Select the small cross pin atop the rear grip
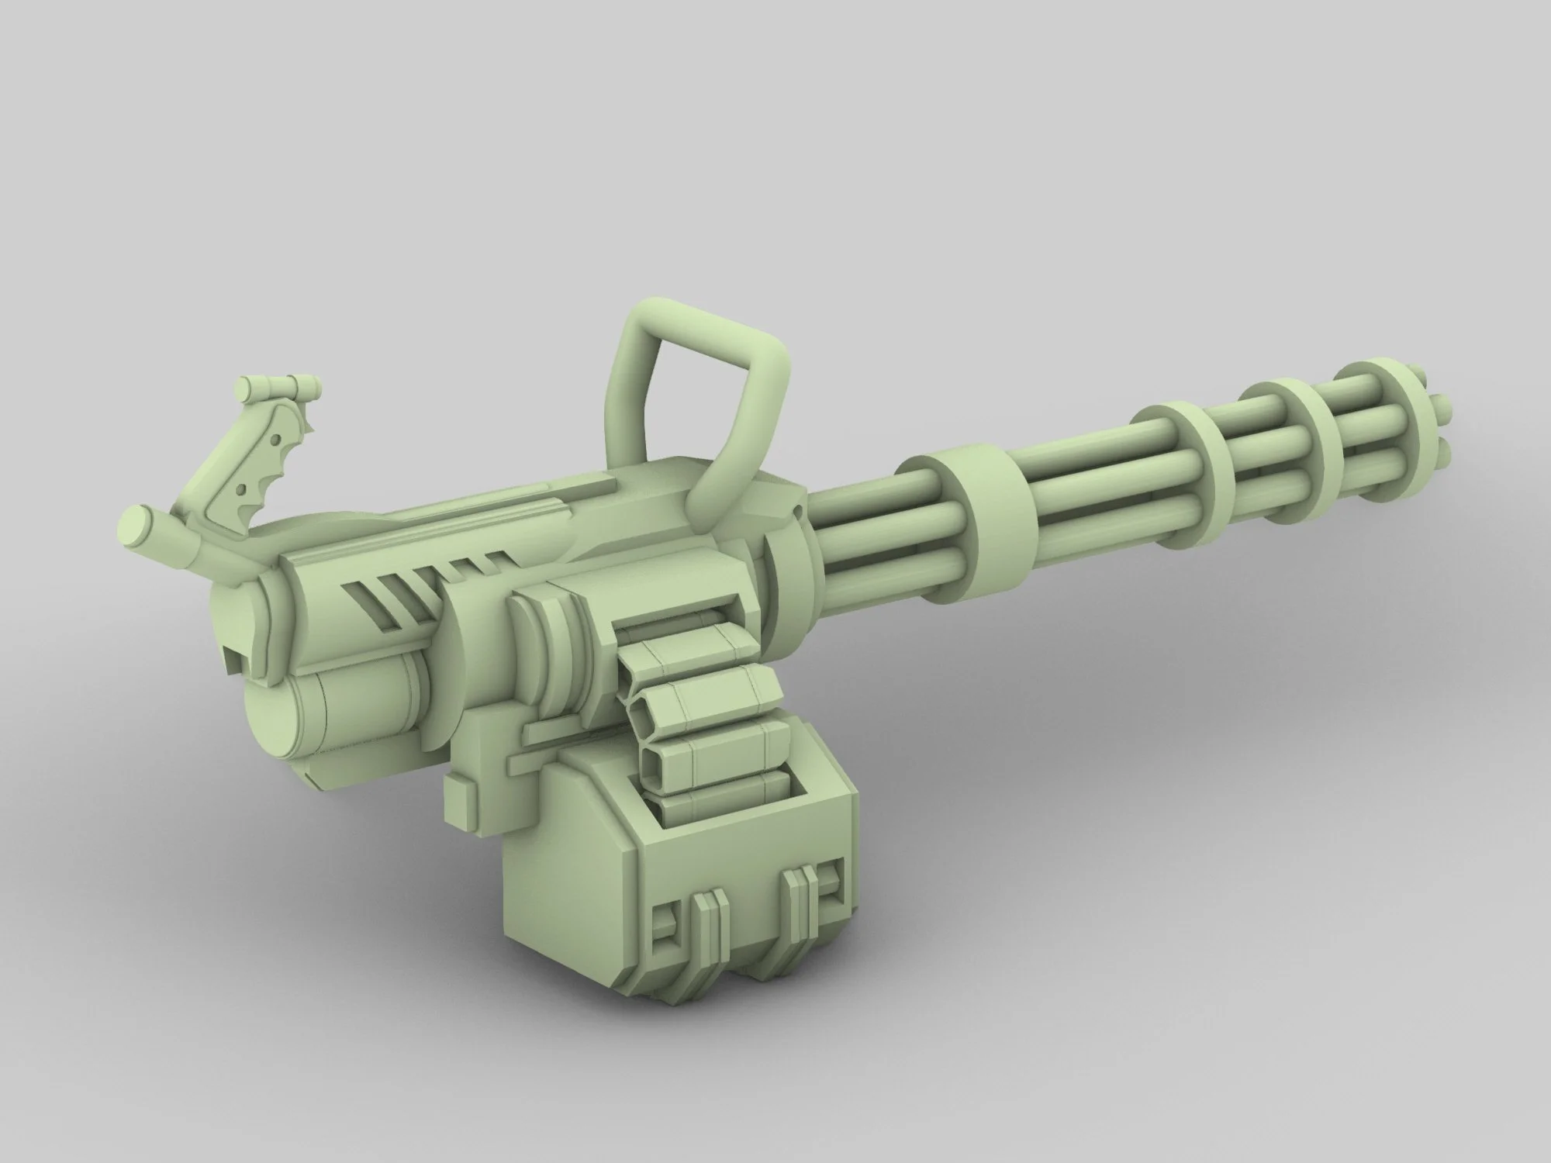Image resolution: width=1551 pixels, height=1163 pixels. coord(278,385)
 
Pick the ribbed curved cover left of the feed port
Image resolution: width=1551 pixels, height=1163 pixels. coord(551,659)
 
